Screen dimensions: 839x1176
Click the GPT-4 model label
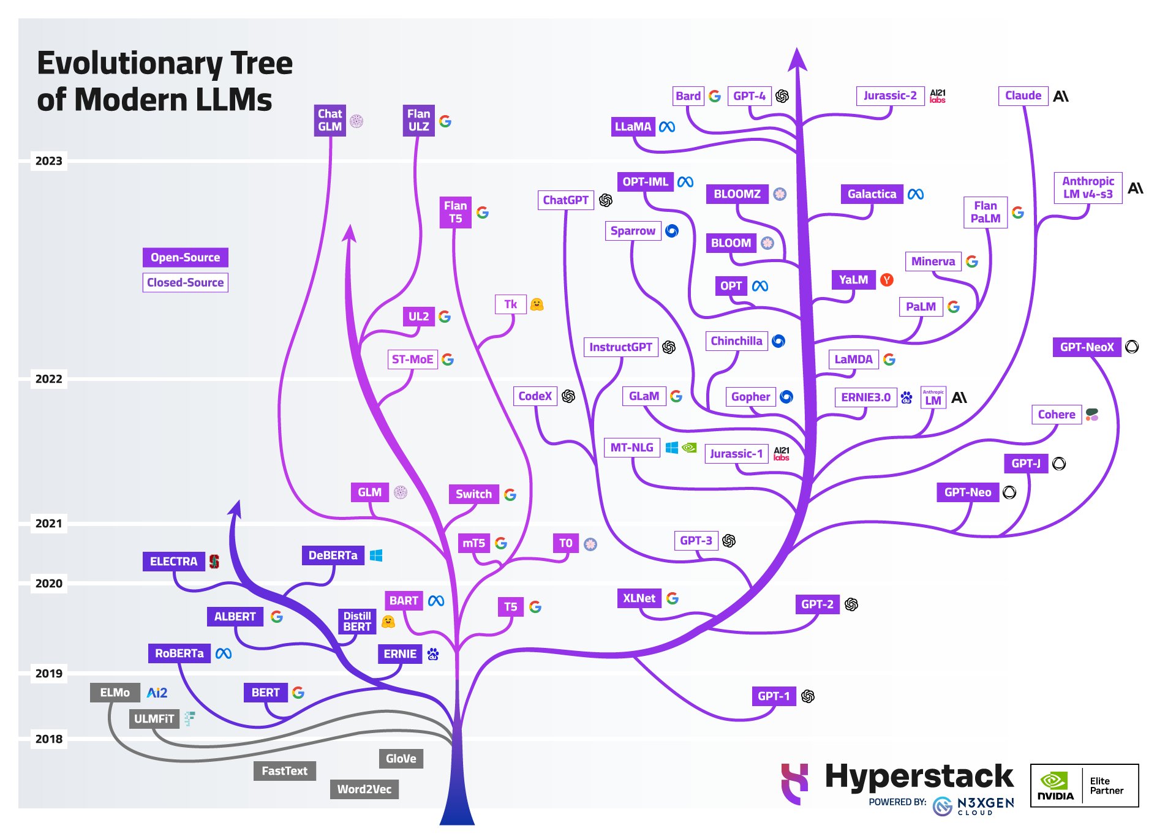[x=749, y=96]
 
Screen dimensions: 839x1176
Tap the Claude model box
[x=1023, y=96]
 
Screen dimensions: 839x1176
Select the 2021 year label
[x=48, y=523]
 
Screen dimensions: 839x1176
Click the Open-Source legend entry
[x=185, y=257]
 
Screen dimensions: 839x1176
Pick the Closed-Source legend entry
[x=185, y=282]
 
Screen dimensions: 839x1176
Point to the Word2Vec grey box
[x=364, y=789]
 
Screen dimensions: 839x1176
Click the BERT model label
[x=265, y=692]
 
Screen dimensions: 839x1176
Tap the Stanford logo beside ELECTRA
[x=214, y=561]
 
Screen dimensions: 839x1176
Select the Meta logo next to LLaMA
[x=667, y=127]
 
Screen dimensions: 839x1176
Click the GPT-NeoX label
[x=1087, y=347]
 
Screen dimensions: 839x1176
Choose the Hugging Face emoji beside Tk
[x=537, y=304]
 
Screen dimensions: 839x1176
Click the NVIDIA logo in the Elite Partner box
[x=1055, y=785]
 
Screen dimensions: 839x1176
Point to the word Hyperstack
[x=919, y=776]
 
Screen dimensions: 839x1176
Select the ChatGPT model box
[x=565, y=200]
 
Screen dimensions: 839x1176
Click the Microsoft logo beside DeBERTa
[x=376, y=555]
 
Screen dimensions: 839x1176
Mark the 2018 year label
[x=48, y=739]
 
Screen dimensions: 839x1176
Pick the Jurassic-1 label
[x=736, y=453]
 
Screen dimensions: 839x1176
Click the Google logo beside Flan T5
[x=483, y=213]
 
